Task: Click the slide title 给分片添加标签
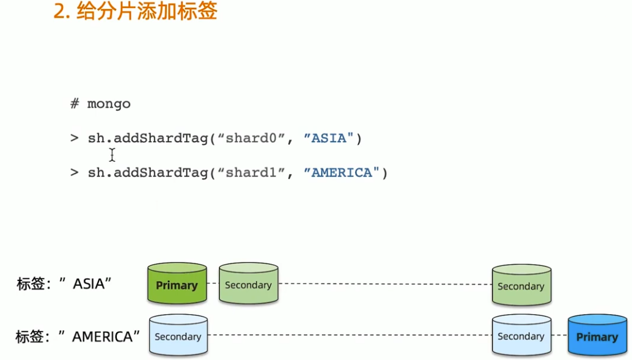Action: tap(147, 12)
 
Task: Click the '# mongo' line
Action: tap(100, 104)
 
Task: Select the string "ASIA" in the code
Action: tap(329, 139)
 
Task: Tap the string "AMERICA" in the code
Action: tap(342, 173)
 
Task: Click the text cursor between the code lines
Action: tap(112, 155)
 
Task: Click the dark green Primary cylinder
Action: tap(177, 285)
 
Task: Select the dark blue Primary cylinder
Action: tap(597, 336)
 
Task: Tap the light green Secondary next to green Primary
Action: tap(248, 285)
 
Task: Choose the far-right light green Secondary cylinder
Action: tap(521, 286)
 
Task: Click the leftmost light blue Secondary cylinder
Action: tap(178, 336)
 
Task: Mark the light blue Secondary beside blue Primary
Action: tap(521, 336)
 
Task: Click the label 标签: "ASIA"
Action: tap(64, 284)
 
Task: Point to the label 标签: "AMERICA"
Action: tap(78, 336)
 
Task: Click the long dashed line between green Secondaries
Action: tap(385, 284)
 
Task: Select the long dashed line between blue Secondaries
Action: tap(350, 335)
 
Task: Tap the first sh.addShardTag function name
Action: tap(148, 139)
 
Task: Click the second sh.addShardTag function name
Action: tap(148, 173)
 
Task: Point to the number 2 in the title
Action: tap(59, 12)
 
